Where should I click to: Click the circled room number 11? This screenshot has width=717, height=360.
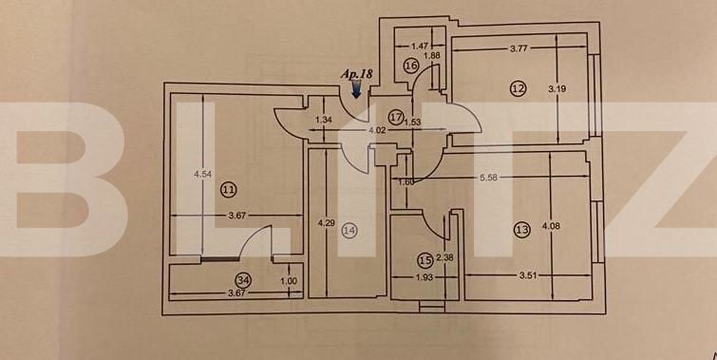point(227,190)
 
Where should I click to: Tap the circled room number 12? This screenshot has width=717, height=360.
point(518,88)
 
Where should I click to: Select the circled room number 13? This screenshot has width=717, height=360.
point(520,229)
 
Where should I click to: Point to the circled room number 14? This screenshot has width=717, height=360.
point(350,229)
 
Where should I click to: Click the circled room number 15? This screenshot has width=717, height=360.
point(425,257)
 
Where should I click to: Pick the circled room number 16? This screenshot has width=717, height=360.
point(410,66)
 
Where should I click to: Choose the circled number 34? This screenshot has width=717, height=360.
point(244,280)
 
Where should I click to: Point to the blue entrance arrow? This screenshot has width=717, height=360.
point(356,89)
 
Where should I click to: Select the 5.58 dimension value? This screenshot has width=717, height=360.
point(490,177)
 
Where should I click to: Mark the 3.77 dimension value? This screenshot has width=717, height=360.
point(519,47)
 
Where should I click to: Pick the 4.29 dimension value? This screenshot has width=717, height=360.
point(325,223)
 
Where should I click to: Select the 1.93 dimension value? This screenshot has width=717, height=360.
point(427,277)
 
